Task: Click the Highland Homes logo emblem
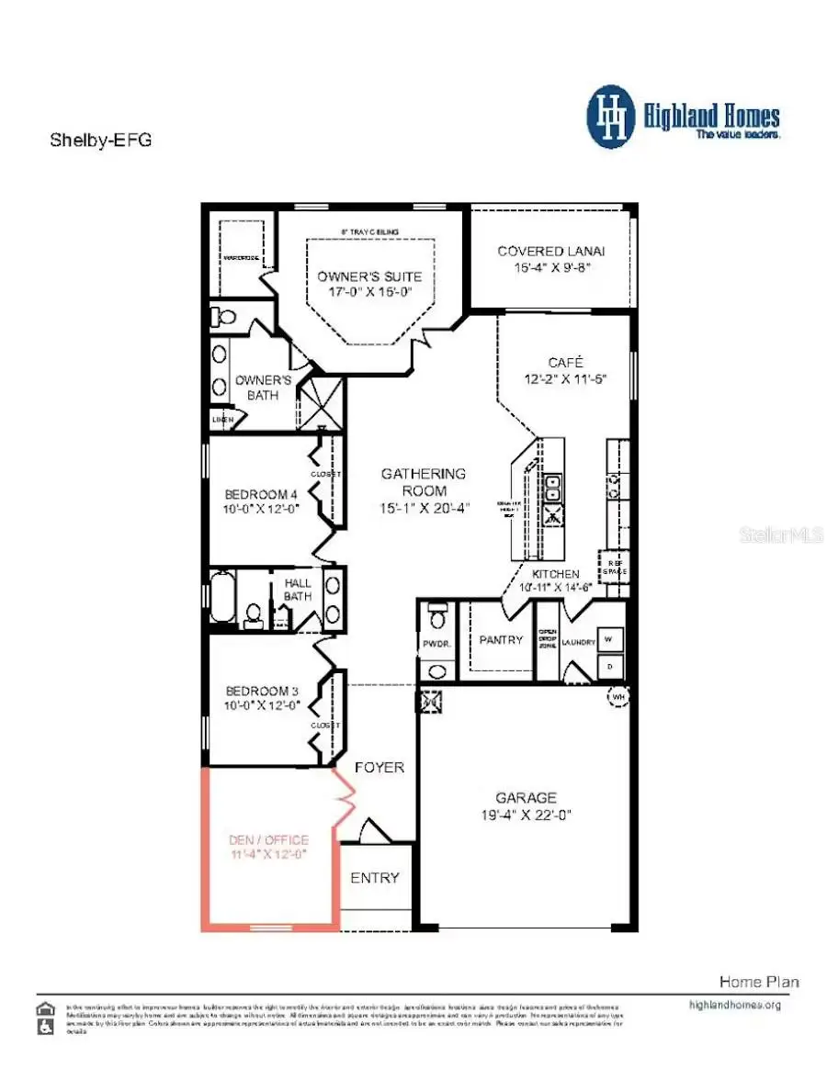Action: tap(611, 117)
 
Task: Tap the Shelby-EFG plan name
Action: tap(99, 141)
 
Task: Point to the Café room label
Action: tap(566, 362)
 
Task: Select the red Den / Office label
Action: tap(267, 839)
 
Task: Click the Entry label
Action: tap(375, 878)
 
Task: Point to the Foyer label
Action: tap(379, 767)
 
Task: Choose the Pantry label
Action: tap(501, 639)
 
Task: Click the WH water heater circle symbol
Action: tap(616, 698)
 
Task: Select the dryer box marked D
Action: tap(609, 664)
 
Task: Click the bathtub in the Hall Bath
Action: tap(223, 596)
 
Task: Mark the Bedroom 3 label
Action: tap(252, 692)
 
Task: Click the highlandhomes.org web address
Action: tap(734, 1005)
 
